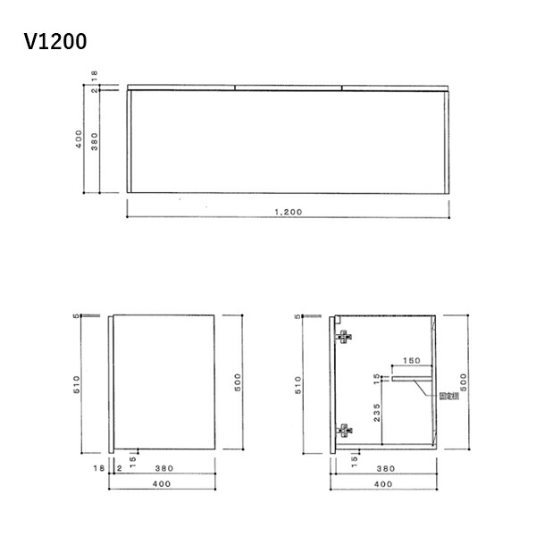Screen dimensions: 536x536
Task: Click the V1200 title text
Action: pyautogui.click(x=56, y=41)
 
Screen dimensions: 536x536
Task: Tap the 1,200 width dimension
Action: pyautogui.click(x=288, y=212)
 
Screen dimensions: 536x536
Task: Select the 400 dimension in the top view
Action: pyautogui.click(x=80, y=140)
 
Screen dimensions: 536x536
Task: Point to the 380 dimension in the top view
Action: pyautogui.click(x=94, y=140)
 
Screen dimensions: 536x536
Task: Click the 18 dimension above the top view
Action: pyautogui.click(x=94, y=75)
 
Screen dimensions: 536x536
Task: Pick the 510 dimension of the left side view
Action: pyautogui.click(x=79, y=385)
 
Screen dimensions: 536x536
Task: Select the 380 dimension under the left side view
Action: pyautogui.click(x=163, y=466)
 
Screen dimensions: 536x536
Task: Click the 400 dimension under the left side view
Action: pyautogui.click(x=162, y=483)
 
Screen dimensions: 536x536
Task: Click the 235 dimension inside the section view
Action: pyautogui.click(x=377, y=413)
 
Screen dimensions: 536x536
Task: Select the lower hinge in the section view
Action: pyautogui.click(x=343, y=429)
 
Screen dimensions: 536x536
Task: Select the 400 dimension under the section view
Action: pyautogui.click(x=383, y=483)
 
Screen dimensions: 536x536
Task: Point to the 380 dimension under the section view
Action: pyautogui.click(x=386, y=466)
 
